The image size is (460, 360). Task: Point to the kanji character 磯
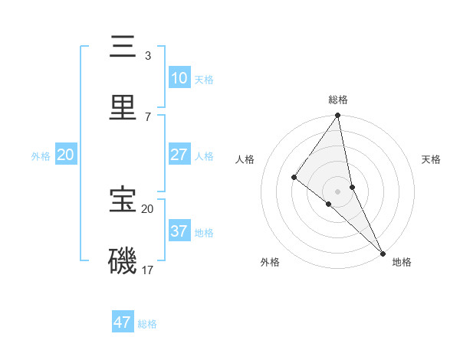tap(123, 260)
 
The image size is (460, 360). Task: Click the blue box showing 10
tap(179, 78)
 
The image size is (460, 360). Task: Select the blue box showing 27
tap(179, 155)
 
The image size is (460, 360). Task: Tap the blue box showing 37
tap(179, 231)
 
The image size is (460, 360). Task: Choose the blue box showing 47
tap(123, 322)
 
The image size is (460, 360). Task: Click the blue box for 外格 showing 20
tap(66, 155)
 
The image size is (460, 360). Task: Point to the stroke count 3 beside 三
tap(148, 56)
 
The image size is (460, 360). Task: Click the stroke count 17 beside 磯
tap(148, 270)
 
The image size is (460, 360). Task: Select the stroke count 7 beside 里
tap(148, 116)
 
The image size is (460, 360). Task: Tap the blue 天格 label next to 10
tap(204, 80)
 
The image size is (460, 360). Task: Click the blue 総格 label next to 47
tap(147, 324)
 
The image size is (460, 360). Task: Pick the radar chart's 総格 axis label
tap(338, 100)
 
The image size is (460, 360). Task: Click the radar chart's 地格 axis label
tap(402, 262)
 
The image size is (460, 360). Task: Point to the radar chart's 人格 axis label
tap(245, 159)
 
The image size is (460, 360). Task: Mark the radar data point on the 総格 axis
tap(338, 116)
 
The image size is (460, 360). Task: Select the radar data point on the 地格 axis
tap(382, 252)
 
